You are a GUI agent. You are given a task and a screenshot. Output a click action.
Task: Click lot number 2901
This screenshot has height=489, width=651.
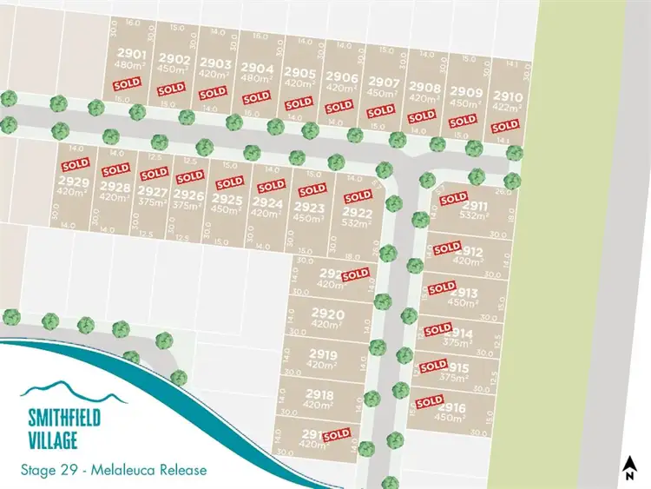[x=128, y=54]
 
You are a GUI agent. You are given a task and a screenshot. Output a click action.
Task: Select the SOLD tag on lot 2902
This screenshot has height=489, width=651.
[x=170, y=88]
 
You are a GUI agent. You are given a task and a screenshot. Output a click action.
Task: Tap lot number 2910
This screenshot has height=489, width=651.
[x=508, y=96]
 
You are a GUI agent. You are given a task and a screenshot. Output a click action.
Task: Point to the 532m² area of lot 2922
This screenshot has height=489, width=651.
[x=357, y=223]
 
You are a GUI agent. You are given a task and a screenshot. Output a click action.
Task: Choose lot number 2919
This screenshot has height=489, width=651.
[x=322, y=354]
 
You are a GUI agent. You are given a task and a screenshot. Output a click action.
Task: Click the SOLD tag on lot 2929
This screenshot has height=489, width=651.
[x=75, y=163]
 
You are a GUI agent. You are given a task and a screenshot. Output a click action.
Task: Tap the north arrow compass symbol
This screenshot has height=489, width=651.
[x=628, y=468]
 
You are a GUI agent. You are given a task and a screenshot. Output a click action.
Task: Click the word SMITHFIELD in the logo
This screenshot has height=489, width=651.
[x=62, y=418]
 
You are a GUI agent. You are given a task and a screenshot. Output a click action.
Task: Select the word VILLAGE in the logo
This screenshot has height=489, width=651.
[x=50, y=436]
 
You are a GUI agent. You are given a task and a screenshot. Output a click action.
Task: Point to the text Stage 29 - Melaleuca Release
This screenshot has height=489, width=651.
[x=113, y=470]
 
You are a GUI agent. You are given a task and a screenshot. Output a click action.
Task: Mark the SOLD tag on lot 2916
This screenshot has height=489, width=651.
[x=429, y=401]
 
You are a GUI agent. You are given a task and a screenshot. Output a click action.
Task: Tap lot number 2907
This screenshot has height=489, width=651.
[x=383, y=83]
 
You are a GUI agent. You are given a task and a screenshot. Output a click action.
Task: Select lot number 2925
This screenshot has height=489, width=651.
[x=227, y=199]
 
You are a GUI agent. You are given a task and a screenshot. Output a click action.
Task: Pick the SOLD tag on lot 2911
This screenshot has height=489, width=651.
[x=453, y=198]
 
